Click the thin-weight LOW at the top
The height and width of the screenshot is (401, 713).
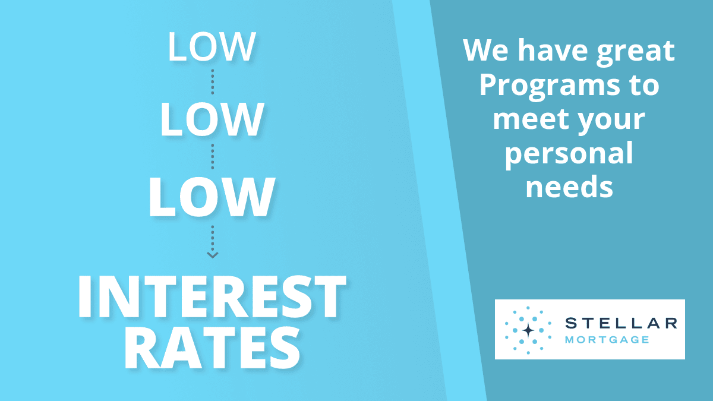(x=212, y=46)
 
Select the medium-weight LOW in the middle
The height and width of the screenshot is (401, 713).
(x=212, y=119)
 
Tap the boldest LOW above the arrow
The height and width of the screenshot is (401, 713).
(x=212, y=197)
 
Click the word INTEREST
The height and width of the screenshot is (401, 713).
(x=212, y=296)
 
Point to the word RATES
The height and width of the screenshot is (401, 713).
(x=212, y=348)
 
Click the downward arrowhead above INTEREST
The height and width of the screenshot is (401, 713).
(x=213, y=255)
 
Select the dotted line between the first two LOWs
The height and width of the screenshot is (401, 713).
(x=213, y=82)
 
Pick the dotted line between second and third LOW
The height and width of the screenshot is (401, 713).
(x=213, y=156)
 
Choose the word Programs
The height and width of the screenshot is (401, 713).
(x=550, y=87)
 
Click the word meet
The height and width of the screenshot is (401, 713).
(x=531, y=119)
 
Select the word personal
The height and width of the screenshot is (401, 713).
(x=569, y=155)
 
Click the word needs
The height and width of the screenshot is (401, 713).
(x=569, y=187)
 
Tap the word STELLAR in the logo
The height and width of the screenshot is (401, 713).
(x=621, y=323)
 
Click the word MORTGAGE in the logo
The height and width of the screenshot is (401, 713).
(x=607, y=340)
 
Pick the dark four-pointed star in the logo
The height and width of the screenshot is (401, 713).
(x=528, y=330)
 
